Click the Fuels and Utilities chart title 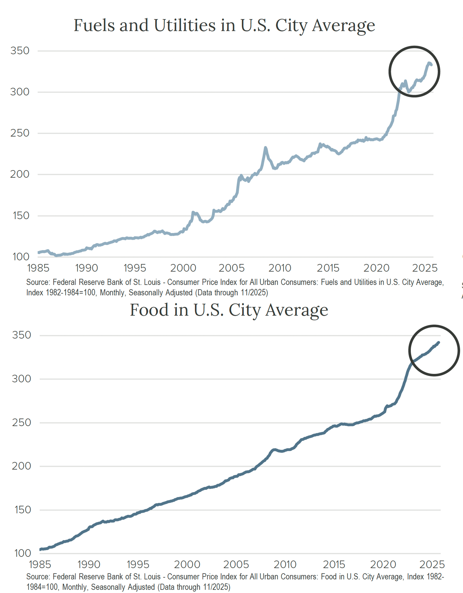[x=224, y=25]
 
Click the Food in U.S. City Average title [x=229, y=310]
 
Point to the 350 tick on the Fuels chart [x=20, y=51]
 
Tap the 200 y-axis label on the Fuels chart [x=20, y=174]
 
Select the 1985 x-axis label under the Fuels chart [x=38, y=268]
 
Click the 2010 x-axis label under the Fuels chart [x=280, y=268]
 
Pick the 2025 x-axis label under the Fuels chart [x=424, y=268]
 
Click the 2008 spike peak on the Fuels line [x=265, y=148]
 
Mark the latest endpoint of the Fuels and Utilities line [x=431, y=65]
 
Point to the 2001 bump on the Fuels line [x=193, y=212]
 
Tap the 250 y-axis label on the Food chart [x=21, y=423]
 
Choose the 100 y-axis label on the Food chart [x=22, y=553]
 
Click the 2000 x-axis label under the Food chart [x=187, y=564]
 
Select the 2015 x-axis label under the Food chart [x=334, y=564]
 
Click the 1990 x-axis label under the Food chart [x=89, y=564]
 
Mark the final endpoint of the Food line [x=438, y=342]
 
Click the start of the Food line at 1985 [x=40, y=549]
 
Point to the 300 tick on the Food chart [x=21, y=379]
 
